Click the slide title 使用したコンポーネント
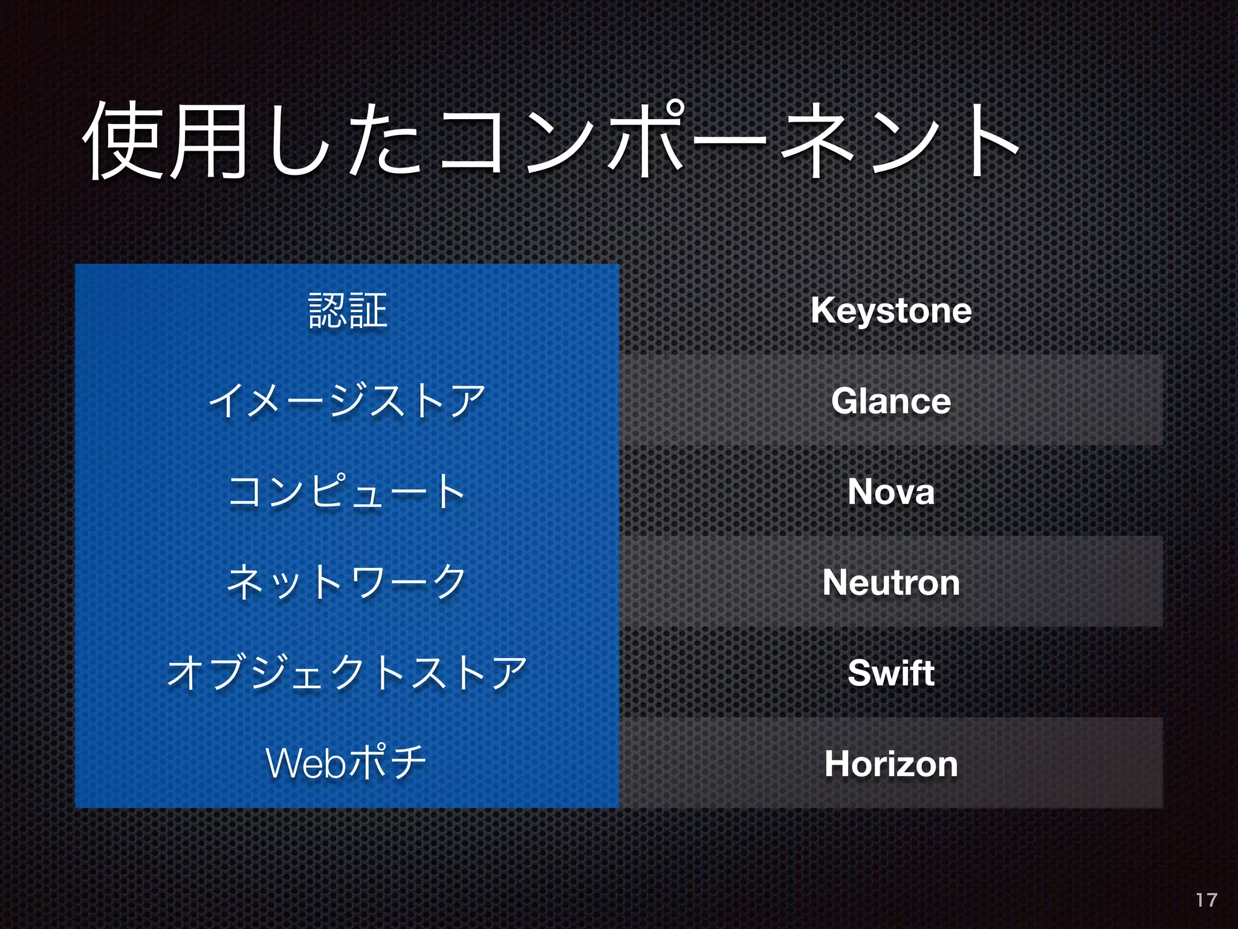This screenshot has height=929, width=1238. click(550, 140)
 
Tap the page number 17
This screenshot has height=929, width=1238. click(1206, 900)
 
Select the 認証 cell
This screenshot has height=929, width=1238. click(348, 310)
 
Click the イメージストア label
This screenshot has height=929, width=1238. click(347, 401)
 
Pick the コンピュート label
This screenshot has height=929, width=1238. click(347, 491)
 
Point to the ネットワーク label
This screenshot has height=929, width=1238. click(347, 582)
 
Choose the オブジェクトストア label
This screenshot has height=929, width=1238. click(347, 673)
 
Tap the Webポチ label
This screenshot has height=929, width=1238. click(346, 763)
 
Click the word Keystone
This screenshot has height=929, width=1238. click(891, 311)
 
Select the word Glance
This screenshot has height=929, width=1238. click(891, 401)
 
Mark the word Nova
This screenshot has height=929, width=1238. click(891, 492)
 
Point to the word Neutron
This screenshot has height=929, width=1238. click(891, 582)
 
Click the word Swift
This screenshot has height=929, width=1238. click(891, 673)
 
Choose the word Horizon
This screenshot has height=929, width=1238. click(891, 764)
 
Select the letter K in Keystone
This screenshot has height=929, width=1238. click(823, 310)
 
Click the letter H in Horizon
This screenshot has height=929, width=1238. click(838, 763)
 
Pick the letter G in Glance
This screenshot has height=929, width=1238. click(844, 401)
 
